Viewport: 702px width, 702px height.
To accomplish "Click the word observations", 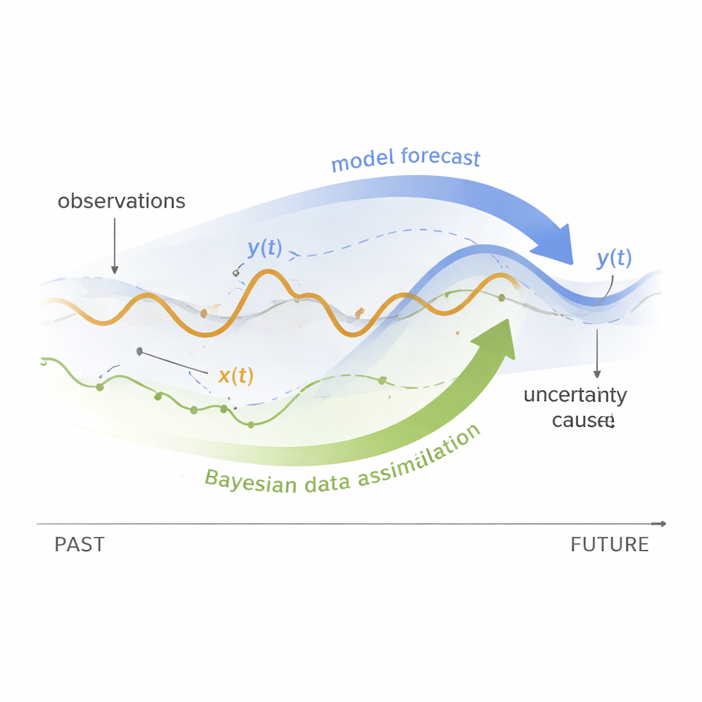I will (121, 202).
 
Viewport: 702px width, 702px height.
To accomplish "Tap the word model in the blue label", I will (363, 162).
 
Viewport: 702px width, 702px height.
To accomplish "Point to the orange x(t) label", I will (236, 376).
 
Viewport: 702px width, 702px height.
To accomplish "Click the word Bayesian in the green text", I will (251, 481).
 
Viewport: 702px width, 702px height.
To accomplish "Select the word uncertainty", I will (575, 396).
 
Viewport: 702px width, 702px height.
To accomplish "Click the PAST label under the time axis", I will (80, 545).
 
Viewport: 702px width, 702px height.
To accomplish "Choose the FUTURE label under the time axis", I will (609, 545).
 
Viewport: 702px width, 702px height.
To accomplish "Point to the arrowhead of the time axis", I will (661, 524).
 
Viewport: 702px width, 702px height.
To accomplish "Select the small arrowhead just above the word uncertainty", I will (597, 374).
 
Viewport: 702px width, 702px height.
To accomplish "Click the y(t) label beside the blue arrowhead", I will (614, 258).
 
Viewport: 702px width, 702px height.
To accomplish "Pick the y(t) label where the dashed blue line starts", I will (265, 248).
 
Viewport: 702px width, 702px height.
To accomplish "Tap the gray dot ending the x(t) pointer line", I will (140, 352).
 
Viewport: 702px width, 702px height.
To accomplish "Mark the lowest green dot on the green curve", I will (251, 425).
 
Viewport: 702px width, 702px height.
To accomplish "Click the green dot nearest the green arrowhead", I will (501, 298).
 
